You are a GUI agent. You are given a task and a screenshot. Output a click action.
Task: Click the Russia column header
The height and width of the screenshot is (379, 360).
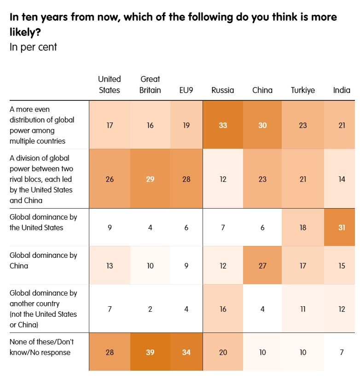222,90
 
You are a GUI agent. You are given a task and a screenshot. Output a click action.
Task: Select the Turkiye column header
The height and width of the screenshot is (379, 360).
303,90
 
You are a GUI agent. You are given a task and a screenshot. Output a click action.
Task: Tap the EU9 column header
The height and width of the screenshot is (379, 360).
186,90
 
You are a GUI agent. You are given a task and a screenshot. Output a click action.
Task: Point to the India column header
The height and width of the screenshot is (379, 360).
342,90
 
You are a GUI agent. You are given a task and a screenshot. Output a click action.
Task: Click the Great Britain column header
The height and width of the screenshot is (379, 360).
150,85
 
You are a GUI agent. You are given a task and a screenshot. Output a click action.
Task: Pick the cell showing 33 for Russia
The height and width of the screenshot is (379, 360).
223,125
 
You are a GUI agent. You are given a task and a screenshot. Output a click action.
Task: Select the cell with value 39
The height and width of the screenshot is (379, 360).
150,352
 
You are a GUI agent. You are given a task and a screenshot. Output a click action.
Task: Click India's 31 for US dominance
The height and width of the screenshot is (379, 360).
342,227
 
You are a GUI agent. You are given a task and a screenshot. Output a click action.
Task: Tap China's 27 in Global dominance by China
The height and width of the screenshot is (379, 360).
262,266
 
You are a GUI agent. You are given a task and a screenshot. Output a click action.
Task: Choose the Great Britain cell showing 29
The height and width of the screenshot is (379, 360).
150,179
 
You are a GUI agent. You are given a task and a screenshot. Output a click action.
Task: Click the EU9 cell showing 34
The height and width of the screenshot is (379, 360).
186,352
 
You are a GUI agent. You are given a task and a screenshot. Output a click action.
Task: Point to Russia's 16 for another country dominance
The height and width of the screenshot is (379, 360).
223,309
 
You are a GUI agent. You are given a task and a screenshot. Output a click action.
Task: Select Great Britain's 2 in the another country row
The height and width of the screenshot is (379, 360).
150,309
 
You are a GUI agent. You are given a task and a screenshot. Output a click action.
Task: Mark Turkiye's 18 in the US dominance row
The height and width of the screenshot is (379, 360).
303,227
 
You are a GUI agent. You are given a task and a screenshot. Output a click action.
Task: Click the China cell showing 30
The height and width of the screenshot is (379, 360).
262,125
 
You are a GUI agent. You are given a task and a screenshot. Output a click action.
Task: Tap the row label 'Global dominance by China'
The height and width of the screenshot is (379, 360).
43,260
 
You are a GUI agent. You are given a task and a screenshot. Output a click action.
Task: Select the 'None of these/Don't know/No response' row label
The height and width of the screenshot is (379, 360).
41,347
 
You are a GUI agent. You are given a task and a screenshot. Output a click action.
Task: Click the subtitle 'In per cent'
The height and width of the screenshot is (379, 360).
33,47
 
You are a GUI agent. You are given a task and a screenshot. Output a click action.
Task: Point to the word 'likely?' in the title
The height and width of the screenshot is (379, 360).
25,32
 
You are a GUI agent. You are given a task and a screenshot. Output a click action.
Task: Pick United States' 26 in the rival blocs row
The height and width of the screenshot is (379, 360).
110,179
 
